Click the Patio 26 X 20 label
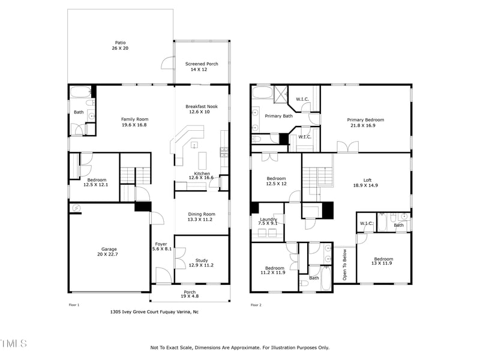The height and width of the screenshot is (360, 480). (121, 46)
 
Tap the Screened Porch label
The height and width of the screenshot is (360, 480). (202, 64)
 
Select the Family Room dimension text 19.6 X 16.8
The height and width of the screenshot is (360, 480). (134, 125)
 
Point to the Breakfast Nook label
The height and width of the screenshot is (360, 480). (202, 106)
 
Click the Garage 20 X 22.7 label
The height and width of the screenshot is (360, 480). (109, 252)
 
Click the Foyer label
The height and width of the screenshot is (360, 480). (161, 244)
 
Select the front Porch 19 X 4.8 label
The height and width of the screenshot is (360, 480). (190, 295)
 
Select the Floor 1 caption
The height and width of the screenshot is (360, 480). (74, 305)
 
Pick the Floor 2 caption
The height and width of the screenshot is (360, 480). (256, 305)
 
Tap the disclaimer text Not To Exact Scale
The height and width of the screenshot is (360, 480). (239, 347)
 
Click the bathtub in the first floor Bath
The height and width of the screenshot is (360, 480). (80, 92)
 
